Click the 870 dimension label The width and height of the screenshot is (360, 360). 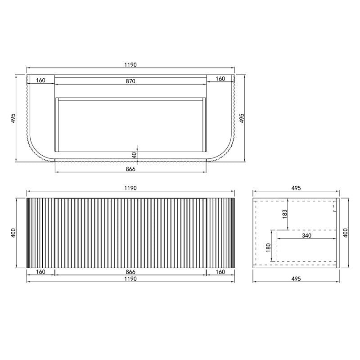click(130, 81)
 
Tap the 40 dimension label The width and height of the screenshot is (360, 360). click(134, 155)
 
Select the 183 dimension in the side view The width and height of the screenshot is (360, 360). click(285, 214)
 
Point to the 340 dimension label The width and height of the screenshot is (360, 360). click(306, 235)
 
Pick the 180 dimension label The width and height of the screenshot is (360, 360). click(268, 248)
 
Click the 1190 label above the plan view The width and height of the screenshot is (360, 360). click(130, 65)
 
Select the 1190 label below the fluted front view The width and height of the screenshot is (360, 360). click(130, 279)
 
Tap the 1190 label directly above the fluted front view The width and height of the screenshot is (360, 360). click(130, 188)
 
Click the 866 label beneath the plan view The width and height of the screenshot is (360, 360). click(130, 169)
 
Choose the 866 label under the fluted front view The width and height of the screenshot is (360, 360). click(130, 272)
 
